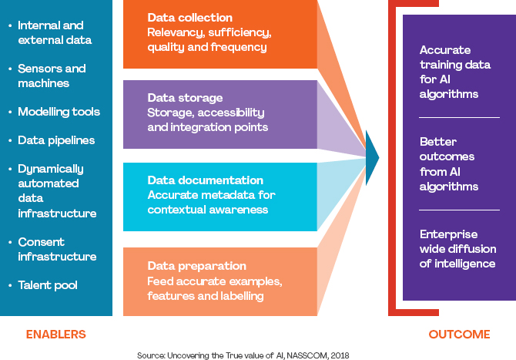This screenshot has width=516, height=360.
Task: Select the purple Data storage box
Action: pyautogui.click(x=219, y=113)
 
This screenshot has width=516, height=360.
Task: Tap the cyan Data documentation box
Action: pyautogui.click(x=219, y=196)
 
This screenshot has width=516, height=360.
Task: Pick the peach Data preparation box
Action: pyautogui.click(x=219, y=281)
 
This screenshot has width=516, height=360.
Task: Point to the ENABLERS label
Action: pyautogui.click(x=55, y=335)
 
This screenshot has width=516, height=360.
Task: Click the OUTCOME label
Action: pyautogui.click(x=459, y=335)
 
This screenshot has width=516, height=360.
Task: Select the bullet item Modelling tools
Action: pyautogui.click(x=59, y=112)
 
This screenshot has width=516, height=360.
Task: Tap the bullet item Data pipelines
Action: pyautogui.click(x=56, y=140)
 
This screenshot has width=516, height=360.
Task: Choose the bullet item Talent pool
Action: pyautogui.click(x=47, y=285)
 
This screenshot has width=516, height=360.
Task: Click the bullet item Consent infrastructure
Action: pyautogui.click(x=57, y=249)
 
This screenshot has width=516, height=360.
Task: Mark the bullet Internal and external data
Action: pyautogui.click(x=54, y=32)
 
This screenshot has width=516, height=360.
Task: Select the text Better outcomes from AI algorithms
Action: pyautogui.click(x=449, y=164)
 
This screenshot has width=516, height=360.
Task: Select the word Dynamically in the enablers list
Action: pyautogui.click(x=51, y=169)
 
